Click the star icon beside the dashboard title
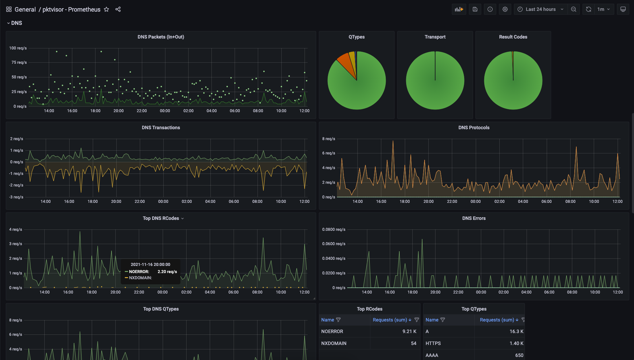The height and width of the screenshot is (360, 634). coord(106,9)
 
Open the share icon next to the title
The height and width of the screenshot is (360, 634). coord(118,9)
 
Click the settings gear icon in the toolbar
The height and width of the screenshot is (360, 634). coord(505,9)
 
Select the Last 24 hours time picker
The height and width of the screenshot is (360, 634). coord(541,9)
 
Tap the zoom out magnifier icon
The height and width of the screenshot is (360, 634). coord(574,9)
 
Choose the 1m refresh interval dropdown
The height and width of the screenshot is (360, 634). coord(604,9)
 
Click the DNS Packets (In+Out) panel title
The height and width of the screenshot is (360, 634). coord(161,37)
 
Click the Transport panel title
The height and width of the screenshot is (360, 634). coord(435,37)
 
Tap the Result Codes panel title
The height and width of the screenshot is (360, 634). coord(513,37)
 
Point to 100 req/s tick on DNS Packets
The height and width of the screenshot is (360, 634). coord(18,48)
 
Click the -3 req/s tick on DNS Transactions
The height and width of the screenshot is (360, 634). coord(16,197)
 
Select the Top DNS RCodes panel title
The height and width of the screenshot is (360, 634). coord(161,218)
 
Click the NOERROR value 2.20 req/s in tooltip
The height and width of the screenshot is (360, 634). coord(167,272)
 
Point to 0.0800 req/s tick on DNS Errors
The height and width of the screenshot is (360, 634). coord(334,229)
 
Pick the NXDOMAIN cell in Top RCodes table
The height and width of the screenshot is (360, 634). coord(334,343)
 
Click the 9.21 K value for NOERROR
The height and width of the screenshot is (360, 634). coord(409,331)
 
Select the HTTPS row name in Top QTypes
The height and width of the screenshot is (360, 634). coord(433,343)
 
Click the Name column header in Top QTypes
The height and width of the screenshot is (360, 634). coord(432,320)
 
